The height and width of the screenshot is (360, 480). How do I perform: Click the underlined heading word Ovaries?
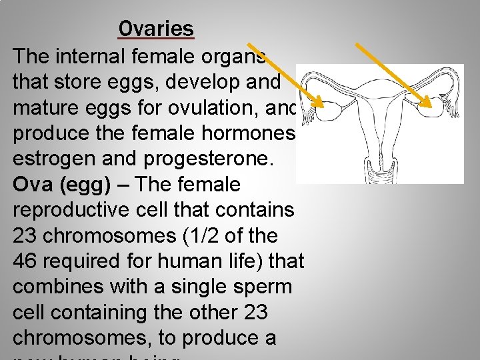[156, 29]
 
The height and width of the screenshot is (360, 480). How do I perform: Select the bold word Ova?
[33, 185]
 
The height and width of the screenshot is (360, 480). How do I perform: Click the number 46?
[26, 261]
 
